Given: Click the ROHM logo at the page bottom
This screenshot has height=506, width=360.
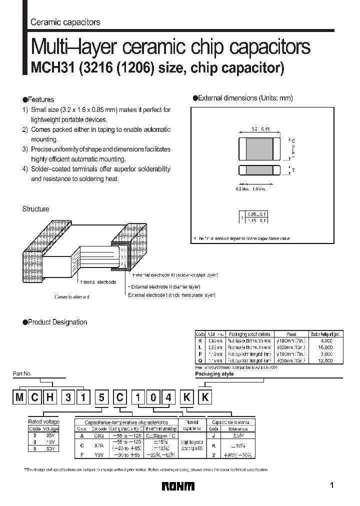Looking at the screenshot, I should [x=178, y=486].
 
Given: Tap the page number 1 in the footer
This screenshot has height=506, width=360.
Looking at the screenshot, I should [x=332, y=485].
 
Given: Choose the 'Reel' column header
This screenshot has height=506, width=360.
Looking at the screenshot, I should [x=291, y=333].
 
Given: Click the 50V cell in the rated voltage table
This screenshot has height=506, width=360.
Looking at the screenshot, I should [x=50, y=448].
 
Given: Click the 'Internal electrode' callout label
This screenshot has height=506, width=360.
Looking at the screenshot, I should [x=98, y=282].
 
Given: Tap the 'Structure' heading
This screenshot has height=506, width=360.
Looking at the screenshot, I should [x=35, y=209].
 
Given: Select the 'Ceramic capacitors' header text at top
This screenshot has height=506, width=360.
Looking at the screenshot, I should [x=65, y=22].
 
